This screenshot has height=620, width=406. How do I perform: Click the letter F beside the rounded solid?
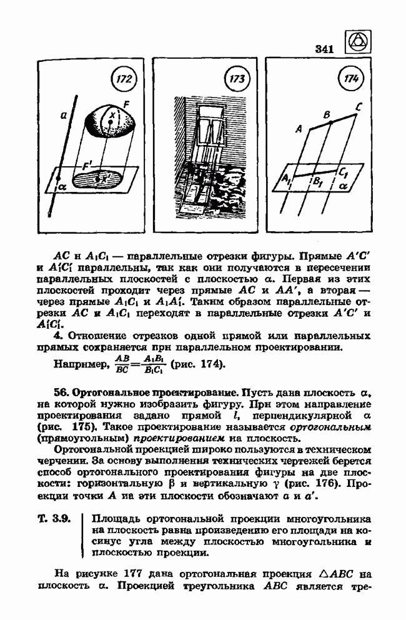[x=128, y=107]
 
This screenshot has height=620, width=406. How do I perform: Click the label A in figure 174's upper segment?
[x=299, y=129]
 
